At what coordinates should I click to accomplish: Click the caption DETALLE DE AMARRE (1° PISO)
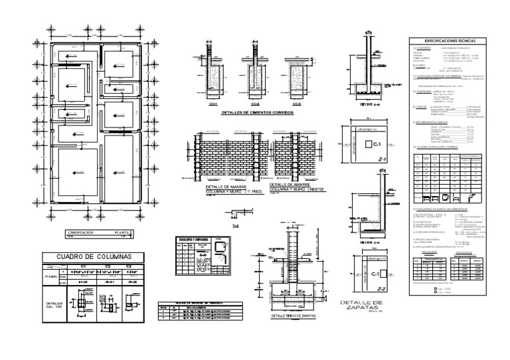click(223, 190)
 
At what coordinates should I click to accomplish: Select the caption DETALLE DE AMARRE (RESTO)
click(290, 190)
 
